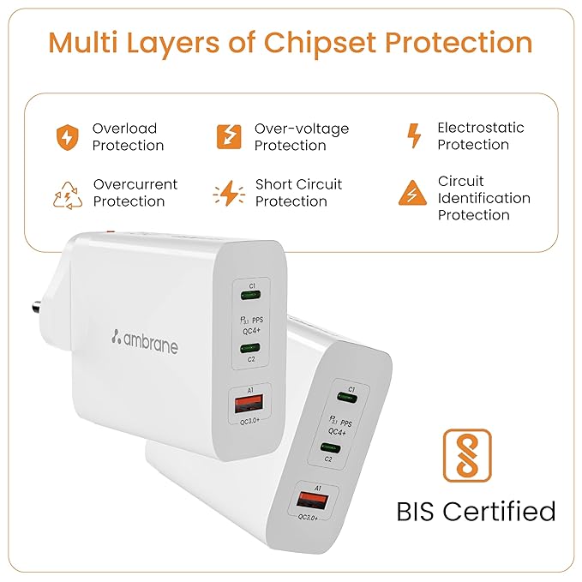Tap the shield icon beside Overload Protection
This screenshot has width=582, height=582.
[67, 137]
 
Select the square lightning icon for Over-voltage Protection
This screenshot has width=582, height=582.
[229, 136]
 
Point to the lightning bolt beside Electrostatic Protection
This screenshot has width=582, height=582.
[414, 135]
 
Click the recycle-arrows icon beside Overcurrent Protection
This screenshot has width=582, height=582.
[68, 195]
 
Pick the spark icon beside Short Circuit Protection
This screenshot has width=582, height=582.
[229, 193]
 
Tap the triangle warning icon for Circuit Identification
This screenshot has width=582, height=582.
[412, 193]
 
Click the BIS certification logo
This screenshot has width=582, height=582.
[467, 455]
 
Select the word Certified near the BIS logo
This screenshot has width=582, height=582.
[499, 512]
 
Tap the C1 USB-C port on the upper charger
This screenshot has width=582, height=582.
[250, 296]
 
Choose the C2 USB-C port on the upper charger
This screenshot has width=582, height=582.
[250, 348]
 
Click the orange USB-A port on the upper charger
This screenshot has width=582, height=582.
[249, 404]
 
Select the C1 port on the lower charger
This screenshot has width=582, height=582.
[347, 399]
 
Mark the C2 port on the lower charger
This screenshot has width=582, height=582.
[330, 447]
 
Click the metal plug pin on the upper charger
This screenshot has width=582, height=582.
[36, 308]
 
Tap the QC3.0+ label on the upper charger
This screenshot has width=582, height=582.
[249, 422]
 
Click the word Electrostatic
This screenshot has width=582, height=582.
[481, 128]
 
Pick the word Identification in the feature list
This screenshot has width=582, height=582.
[484, 198]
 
